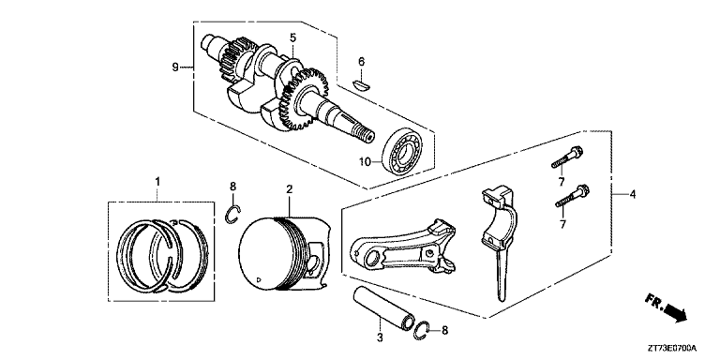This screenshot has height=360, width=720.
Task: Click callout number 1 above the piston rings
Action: pos(158,181)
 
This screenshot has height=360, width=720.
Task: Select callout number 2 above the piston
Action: pos(290,190)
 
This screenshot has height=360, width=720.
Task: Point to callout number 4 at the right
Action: pos(633,195)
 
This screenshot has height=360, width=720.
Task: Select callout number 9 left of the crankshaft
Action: pos(175,66)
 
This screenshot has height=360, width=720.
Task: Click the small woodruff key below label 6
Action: pos(356,82)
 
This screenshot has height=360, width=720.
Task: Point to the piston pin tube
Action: pos(382,307)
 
